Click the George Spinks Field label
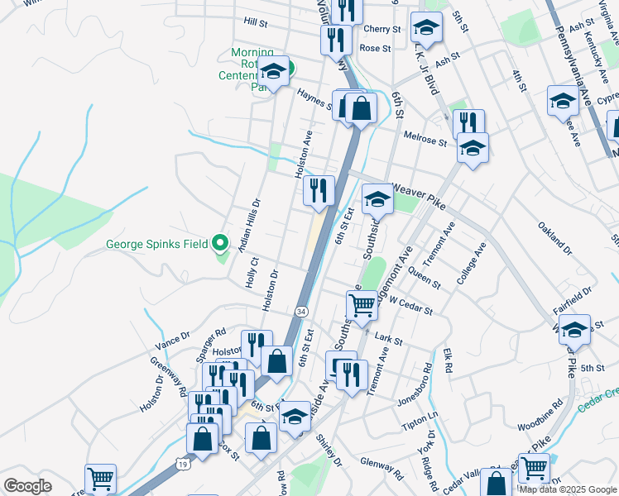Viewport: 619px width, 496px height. click(157, 244)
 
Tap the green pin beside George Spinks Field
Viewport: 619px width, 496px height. click(219, 244)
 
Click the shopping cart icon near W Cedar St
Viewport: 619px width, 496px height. click(362, 305)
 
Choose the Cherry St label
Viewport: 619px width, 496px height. click(382, 29)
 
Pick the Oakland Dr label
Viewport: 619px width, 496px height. click(555, 238)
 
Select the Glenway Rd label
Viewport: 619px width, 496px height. click(381, 470)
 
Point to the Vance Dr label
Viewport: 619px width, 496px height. click(173, 339)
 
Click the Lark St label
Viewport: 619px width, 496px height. click(387, 339)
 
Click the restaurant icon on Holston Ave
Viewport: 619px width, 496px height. click(319, 191)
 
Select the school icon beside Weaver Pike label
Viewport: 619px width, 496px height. click(377, 198)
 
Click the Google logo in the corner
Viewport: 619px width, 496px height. click(27, 485)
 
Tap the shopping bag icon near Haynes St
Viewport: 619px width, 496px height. click(361, 108)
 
